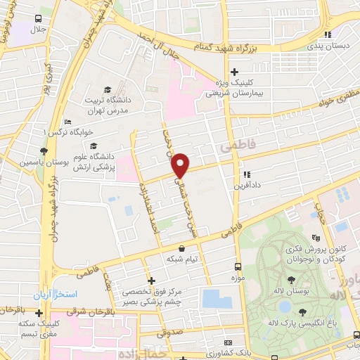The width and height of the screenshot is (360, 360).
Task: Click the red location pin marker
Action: [x=181, y=165]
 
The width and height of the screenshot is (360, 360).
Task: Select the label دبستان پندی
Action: [x=326, y=46]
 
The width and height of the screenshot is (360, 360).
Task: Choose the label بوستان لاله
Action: [x=290, y=291]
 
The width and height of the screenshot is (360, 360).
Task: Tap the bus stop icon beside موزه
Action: [x=238, y=267]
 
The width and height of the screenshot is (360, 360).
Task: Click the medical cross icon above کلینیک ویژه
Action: [x=235, y=72]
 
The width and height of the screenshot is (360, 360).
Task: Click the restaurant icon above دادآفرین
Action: [x=246, y=175]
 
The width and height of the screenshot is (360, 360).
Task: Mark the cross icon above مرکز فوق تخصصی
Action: [x=151, y=280]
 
